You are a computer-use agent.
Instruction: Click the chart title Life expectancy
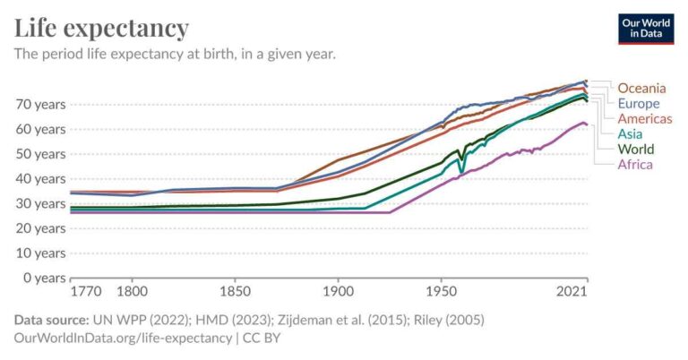coord(101,28)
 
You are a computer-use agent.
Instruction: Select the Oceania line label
coord(641,88)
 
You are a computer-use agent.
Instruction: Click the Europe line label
coord(638,103)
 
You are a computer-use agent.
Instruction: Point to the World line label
coord(636,149)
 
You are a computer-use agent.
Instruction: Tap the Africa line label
coord(635,164)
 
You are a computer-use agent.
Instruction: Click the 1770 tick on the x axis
coord(86,292)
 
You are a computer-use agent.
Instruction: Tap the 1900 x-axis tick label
coord(338,292)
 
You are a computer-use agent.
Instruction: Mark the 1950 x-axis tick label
coord(441,292)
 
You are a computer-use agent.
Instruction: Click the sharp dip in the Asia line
coord(460,170)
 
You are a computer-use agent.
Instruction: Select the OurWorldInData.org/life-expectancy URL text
coord(121,338)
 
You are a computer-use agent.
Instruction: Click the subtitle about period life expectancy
coord(175,55)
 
